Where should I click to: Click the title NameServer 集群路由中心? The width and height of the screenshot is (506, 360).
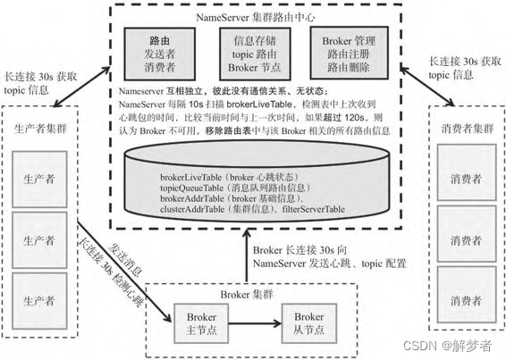[255, 17]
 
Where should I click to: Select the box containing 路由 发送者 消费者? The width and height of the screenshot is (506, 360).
[160, 54]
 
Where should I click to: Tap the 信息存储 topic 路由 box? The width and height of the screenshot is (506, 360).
[255, 54]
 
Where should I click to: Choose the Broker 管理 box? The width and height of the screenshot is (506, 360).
[349, 53]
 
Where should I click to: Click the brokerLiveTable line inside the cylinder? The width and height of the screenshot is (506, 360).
[230, 177]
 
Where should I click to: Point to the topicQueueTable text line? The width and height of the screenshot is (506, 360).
[235, 188]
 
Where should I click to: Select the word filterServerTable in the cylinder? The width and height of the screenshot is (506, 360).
[314, 209]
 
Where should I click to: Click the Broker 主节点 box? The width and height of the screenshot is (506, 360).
[201, 323]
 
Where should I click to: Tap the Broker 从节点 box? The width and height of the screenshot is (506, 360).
[309, 323]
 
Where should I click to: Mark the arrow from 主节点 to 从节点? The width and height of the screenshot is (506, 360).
[255, 323]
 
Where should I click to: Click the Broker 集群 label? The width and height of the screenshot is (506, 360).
[247, 295]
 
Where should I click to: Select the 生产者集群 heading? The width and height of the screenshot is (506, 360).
[40, 129]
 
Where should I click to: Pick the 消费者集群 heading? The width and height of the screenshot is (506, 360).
[468, 129]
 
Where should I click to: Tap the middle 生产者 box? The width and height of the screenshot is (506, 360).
[39, 240]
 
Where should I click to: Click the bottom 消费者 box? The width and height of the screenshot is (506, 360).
[467, 295]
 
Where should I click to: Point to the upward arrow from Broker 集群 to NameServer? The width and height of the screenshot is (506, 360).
[247, 255]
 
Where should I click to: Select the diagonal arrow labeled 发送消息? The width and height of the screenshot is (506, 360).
[124, 272]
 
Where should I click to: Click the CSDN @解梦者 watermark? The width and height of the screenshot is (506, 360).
[448, 346]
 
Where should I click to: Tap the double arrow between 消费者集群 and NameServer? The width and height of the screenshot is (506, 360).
[427, 86]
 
